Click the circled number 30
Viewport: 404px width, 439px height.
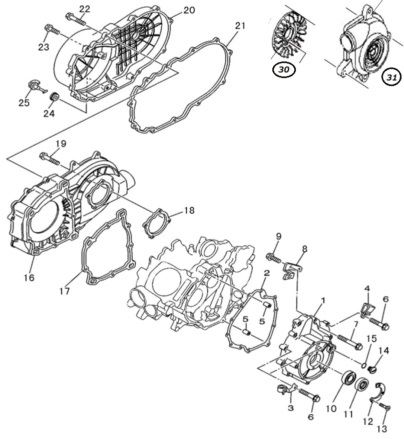[284, 69]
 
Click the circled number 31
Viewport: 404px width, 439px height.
[391, 77]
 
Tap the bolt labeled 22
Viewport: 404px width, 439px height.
[75, 19]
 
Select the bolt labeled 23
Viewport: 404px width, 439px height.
[52, 29]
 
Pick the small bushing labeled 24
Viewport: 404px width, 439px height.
[54, 97]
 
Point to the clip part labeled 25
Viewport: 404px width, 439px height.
[37, 86]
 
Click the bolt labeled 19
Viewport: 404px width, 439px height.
[50, 158]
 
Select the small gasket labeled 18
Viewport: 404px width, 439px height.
[157, 223]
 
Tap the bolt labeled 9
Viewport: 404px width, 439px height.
[274, 258]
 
